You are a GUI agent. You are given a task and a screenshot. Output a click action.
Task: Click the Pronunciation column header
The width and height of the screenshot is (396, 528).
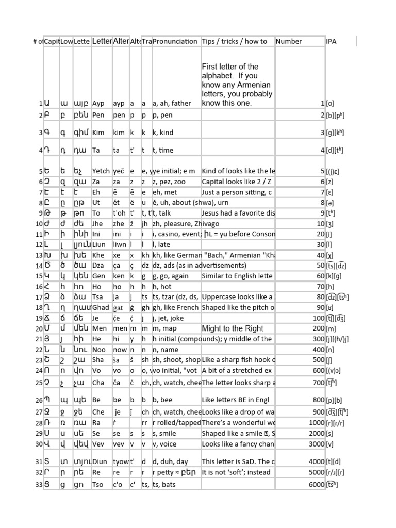coord(175,41)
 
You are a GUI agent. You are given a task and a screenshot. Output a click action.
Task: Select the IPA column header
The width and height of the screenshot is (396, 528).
coord(332,41)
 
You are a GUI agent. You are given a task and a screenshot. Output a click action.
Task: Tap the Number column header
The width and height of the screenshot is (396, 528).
coord(289,41)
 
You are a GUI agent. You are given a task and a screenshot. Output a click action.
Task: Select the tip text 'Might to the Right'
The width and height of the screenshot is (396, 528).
coord(233,328)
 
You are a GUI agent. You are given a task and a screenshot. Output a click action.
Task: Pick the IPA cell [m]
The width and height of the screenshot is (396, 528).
coord(333,328)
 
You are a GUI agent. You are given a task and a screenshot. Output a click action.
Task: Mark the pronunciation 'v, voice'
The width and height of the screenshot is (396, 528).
coord(167,444)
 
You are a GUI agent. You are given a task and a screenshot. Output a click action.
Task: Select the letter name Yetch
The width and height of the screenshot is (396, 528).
coord(101,171)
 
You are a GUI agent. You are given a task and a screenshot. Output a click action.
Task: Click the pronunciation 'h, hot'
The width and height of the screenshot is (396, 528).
coord(162,286)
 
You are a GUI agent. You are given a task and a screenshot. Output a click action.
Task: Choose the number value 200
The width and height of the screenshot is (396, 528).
coord(319,328)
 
